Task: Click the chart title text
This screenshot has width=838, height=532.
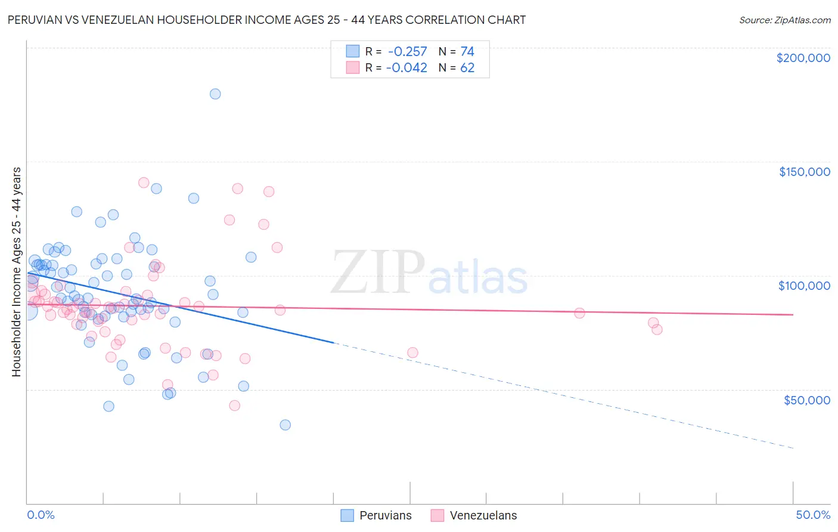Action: (266, 20)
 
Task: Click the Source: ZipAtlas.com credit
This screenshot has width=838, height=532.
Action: (784, 20)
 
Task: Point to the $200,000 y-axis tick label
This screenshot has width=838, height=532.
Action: (803, 58)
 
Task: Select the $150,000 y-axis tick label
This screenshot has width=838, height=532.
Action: (804, 172)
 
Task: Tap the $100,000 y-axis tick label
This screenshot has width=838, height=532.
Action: (804, 286)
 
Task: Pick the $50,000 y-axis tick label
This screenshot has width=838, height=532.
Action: (806, 400)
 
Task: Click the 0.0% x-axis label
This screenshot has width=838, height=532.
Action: (41, 515)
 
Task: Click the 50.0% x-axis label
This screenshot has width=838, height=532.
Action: (813, 515)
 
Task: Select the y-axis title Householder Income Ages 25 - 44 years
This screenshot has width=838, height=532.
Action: (16, 272)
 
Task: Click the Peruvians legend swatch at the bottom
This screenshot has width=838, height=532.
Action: (347, 515)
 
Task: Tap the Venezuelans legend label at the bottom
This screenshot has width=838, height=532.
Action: (483, 515)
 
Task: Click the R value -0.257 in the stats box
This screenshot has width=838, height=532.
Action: (406, 51)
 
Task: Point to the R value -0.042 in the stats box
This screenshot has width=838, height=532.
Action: (406, 67)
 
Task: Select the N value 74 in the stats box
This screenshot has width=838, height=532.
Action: (467, 51)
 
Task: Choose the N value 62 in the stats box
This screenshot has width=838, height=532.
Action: (467, 67)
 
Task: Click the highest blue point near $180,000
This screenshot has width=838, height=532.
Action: (215, 94)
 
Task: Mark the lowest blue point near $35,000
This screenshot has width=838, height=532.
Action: (285, 425)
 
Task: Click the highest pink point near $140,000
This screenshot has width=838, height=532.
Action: (144, 183)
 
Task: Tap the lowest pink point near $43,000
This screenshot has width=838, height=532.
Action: (235, 406)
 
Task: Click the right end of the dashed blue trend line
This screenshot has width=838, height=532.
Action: (793, 448)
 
